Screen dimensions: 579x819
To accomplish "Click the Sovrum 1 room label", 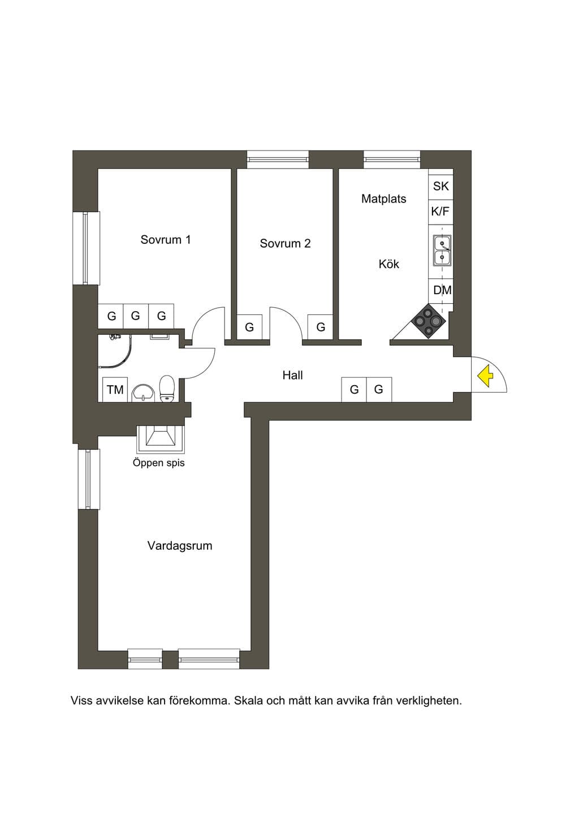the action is [x=166, y=239].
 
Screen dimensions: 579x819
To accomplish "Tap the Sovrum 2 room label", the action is [x=285, y=243].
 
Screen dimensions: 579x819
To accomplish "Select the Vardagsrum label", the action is [x=180, y=545].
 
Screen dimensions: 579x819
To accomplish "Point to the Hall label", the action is [x=292, y=375].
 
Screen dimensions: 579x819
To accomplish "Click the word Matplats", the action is [x=384, y=199].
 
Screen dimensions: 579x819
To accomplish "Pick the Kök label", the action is [x=389, y=264].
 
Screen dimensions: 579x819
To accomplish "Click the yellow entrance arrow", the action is [x=486, y=377].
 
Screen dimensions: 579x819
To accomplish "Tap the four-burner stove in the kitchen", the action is [x=429, y=321].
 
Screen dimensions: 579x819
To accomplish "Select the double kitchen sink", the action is [x=442, y=250].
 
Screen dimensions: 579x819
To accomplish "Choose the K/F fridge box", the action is [x=441, y=212].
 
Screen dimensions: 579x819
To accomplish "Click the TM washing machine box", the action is [x=115, y=390].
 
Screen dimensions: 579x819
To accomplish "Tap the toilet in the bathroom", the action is [x=167, y=389].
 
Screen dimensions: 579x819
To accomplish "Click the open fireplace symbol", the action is [x=161, y=439].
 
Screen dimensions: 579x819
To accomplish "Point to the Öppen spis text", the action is [x=159, y=463].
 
